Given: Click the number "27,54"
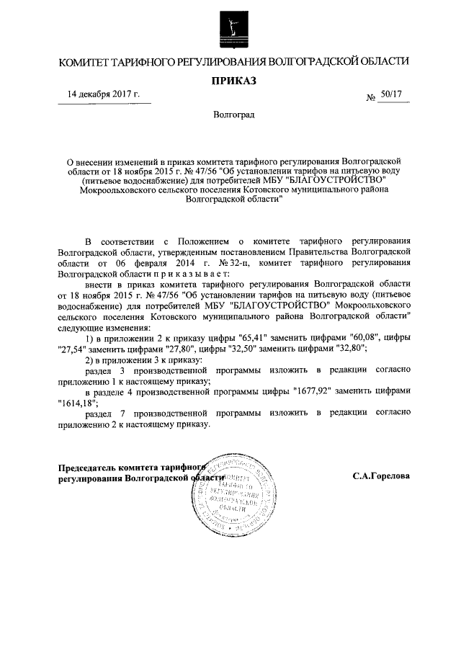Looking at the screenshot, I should [72, 349].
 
